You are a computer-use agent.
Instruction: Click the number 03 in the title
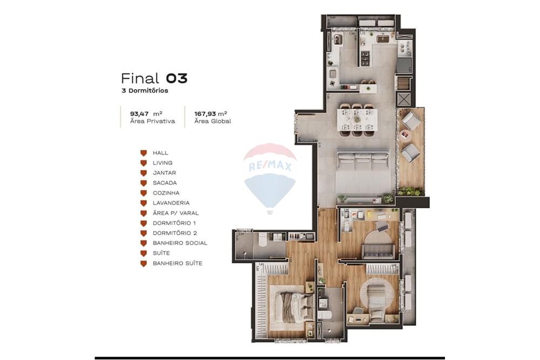click(x=176, y=78)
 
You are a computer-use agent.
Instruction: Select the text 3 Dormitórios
click(x=145, y=91)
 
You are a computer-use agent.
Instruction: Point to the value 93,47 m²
click(x=146, y=114)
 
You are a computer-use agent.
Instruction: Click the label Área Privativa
click(x=152, y=121)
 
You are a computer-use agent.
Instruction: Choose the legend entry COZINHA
click(x=166, y=193)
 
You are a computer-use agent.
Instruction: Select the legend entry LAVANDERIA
click(x=171, y=203)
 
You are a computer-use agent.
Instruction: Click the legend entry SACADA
click(x=164, y=183)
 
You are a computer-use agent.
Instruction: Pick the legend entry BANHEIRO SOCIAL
click(x=180, y=243)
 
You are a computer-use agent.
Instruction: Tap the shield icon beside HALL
click(x=144, y=153)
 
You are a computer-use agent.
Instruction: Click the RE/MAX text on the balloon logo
click(x=269, y=167)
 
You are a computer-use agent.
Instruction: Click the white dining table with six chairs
click(x=356, y=119)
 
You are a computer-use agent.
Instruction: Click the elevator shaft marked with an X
click(x=403, y=99)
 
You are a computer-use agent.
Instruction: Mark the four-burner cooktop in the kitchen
click(x=363, y=57)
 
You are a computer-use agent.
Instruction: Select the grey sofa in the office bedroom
click(x=377, y=250)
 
